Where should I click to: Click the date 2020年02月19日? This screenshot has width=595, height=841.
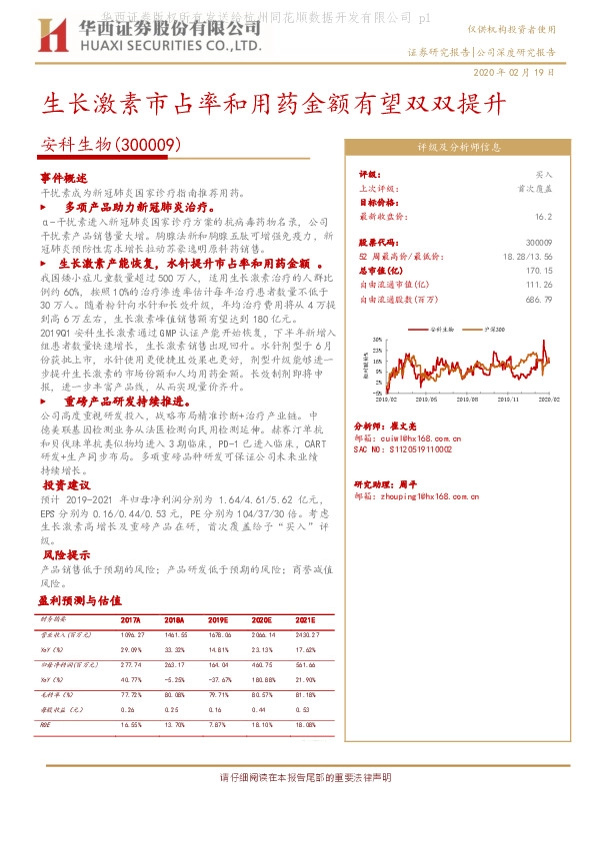tap(512, 75)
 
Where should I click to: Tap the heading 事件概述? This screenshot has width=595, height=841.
tap(64, 176)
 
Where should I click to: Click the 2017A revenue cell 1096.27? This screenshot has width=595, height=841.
tap(133, 634)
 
